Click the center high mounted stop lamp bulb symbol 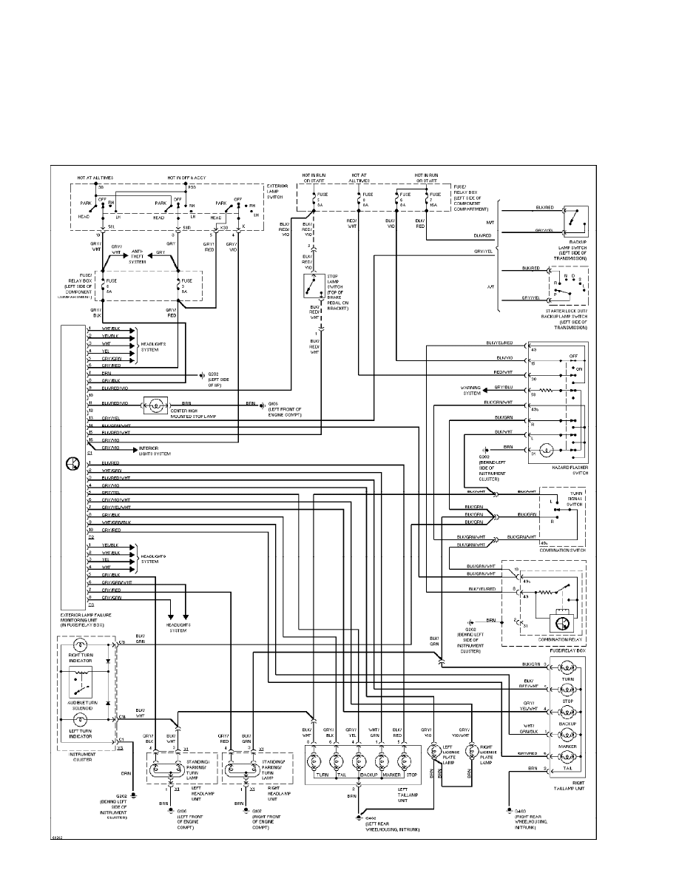tap(156, 405)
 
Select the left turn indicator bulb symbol tap(79, 718)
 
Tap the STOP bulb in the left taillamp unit tap(405, 761)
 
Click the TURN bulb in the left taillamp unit tap(314, 761)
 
